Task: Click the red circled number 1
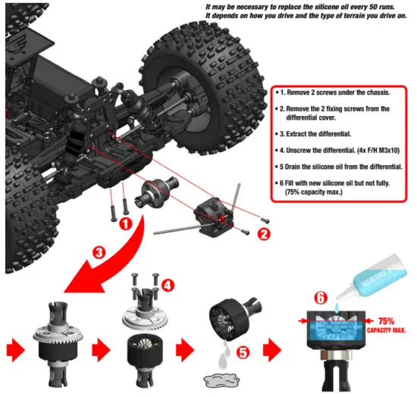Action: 125,224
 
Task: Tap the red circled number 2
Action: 264,234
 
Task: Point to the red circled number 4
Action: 168,287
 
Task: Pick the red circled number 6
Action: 320,299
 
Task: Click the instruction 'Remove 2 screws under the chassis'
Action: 331,92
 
